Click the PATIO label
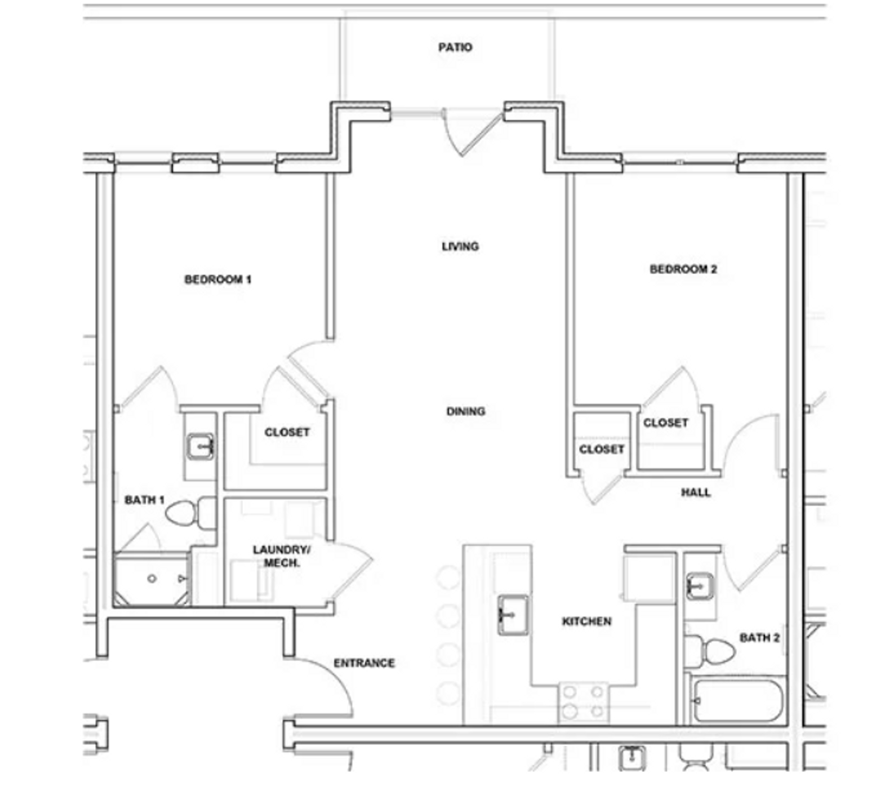[x=455, y=47]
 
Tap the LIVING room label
[x=460, y=246]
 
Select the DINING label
[x=466, y=411]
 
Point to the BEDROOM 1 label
[x=218, y=279]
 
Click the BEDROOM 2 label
[x=683, y=269]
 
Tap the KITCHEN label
[x=587, y=621]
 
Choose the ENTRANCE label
[x=364, y=663]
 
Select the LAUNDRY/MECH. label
[x=281, y=556]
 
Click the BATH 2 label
[x=759, y=638]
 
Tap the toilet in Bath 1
[x=190, y=513]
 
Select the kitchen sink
[x=513, y=615]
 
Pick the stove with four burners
[x=583, y=702]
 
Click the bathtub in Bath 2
[x=738, y=701]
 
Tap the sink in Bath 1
[x=200, y=447]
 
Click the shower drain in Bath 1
[x=152, y=578]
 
